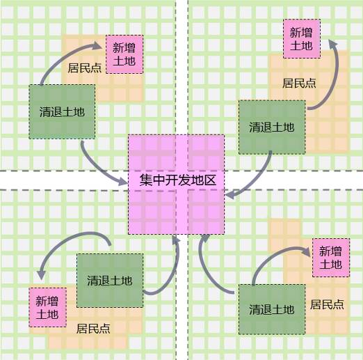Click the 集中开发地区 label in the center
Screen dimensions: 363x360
pyautogui.click(x=178, y=180)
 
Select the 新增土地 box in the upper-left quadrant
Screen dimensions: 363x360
pyautogui.click(x=124, y=54)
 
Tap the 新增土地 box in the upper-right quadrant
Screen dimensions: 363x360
pyautogui.click(x=302, y=39)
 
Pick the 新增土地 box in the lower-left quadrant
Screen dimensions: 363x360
pyautogui.click(x=47, y=307)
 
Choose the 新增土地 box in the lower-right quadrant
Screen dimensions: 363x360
pyautogui.click(x=331, y=258)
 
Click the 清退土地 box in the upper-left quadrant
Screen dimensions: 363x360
pyautogui.click(x=62, y=112)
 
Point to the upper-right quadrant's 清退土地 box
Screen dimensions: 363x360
pyautogui.click(x=272, y=127)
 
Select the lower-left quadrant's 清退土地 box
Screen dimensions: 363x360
pyautogui.click(x=110, y=281)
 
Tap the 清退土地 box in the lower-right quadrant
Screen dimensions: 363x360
pyautogui.click(x=272, y=309)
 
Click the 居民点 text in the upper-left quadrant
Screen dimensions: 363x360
pyautogui.click(x=85, y=68)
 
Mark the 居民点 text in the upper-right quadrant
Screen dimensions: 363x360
pyautogui.click(x=299, y=83)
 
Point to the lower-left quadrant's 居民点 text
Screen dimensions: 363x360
pyautogui.click(x=93, y=329)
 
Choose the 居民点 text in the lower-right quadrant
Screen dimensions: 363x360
pyautogui.click(x=327, y=304)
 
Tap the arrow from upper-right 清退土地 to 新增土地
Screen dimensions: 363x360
pyautogui.click(x=335, y=77)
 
